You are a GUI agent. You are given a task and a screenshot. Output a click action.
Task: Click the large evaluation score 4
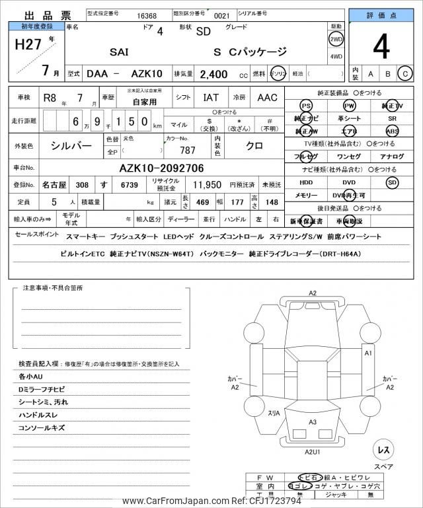click(381, 48)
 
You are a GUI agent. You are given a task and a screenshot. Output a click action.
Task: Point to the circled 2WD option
click(336, 39)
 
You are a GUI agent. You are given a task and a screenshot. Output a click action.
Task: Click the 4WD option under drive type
click(336, 56)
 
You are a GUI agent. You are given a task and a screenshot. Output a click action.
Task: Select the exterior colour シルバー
click(72, 145)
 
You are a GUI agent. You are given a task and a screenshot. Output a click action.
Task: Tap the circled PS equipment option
click(306, 106)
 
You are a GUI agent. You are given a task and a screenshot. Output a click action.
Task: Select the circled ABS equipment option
click(393, 131)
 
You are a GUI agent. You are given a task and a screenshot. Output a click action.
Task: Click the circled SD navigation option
click(393, 182)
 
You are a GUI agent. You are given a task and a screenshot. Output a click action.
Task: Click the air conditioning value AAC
click(267, 98)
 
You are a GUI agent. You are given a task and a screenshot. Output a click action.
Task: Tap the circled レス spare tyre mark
click(383, 450)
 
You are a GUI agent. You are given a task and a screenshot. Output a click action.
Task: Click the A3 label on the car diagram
click(313, 421)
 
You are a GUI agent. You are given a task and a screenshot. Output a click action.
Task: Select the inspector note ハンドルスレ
click(43, 415)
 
